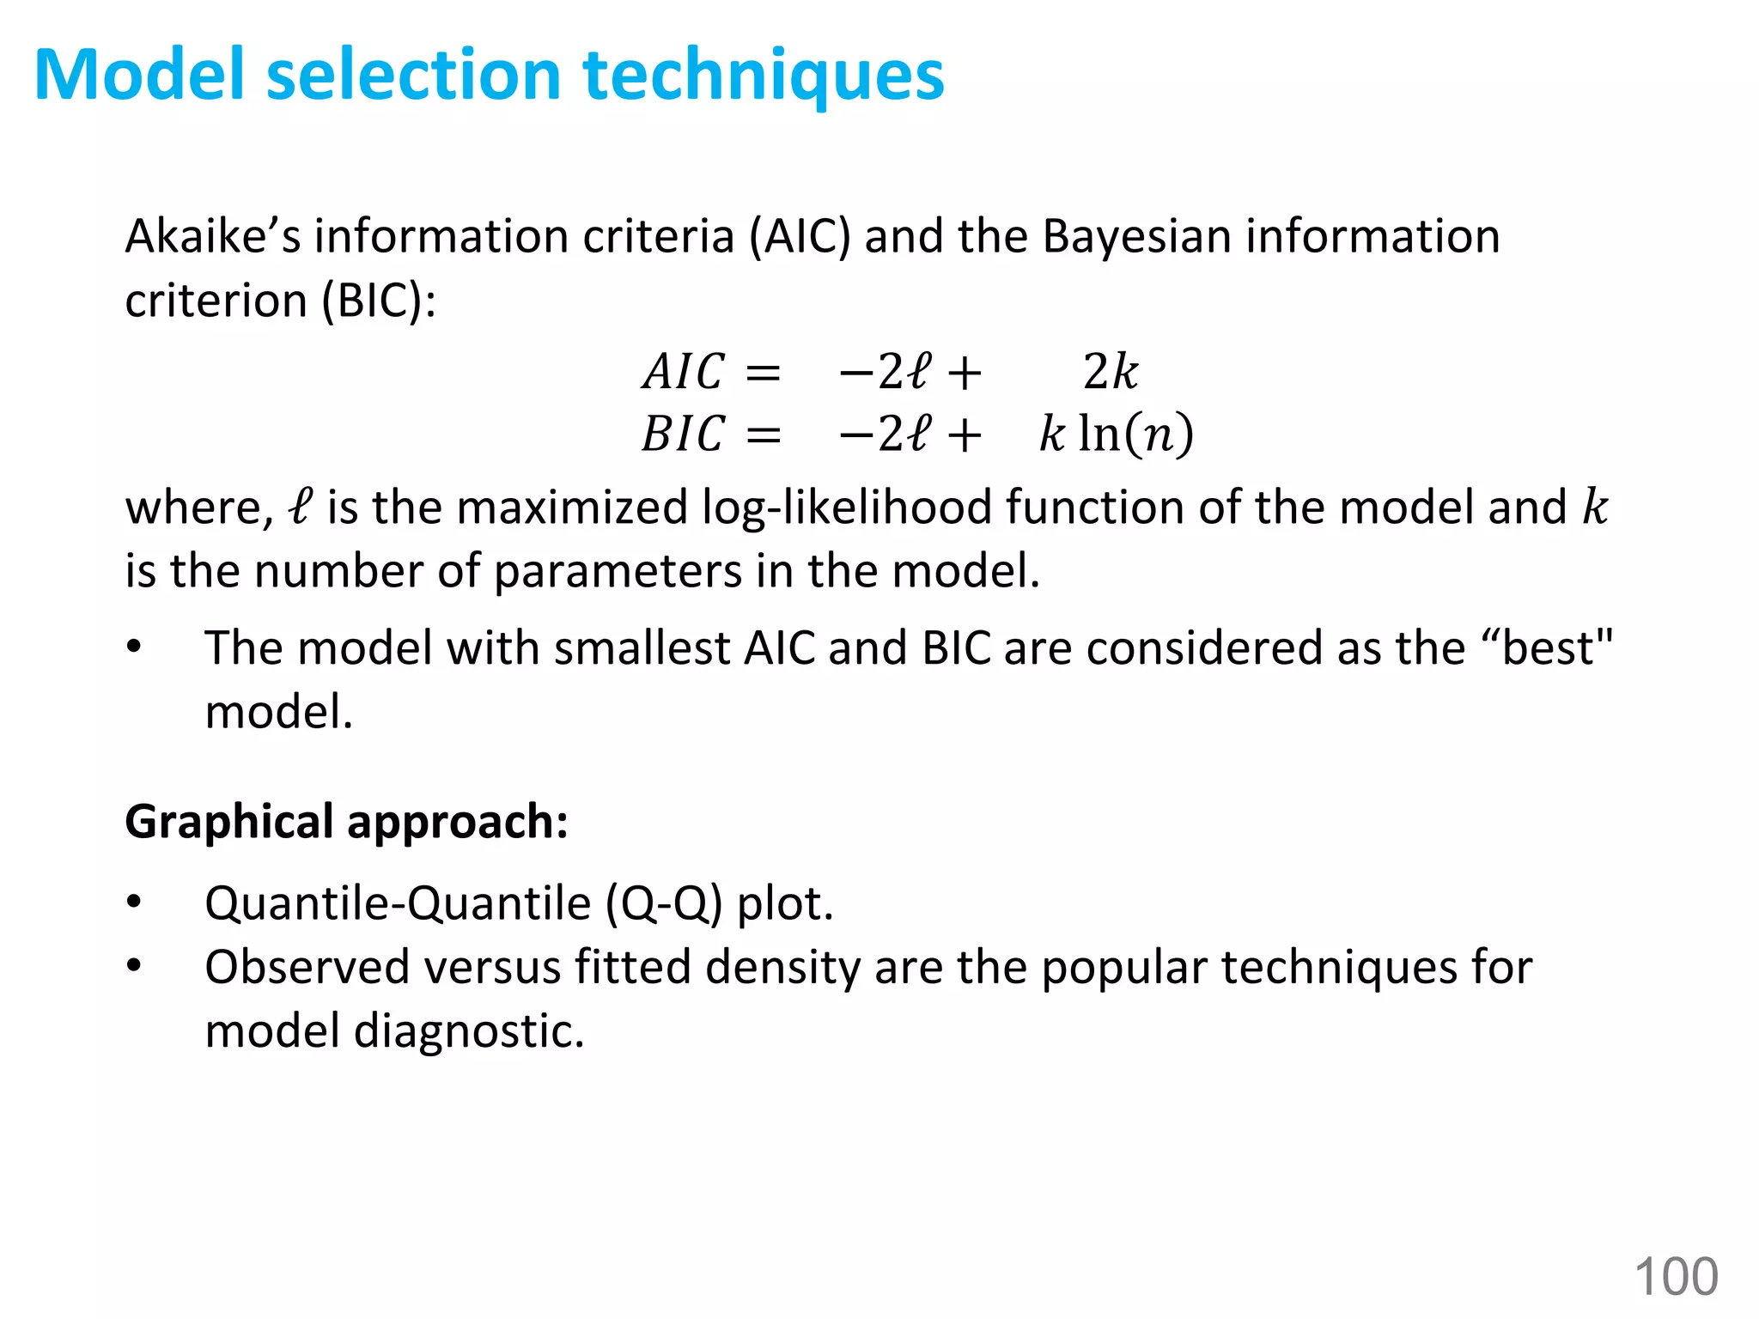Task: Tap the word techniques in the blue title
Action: coord(764,76)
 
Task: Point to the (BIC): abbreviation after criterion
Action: coord(379,301)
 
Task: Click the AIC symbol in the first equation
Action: coord(684,373)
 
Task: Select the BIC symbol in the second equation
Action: coord(684,434)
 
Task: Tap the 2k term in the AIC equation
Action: coord(1110,373)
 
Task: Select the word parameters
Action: coord(618,571)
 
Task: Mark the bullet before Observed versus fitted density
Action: coord(134,966)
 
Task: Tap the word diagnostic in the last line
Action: coord(468,1030)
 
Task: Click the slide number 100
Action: coord(1676,1276)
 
